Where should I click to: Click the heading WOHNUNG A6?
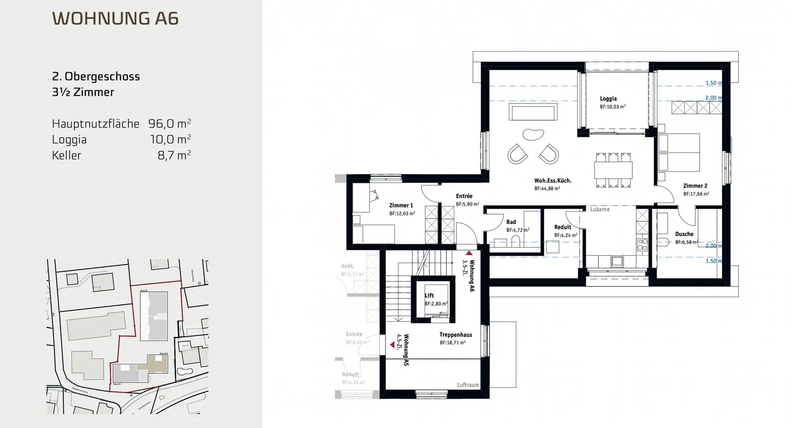click(x=115, y=19)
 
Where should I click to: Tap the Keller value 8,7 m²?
click(x=174, y=155)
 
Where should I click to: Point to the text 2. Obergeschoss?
click(x=96, y=76)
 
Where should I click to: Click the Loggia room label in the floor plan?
click(x=608, y=99)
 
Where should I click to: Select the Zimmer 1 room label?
click(x=401, y=205)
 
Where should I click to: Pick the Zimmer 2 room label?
click(x=695, y=186)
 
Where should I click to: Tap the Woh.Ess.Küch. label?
click(x=552, y=180)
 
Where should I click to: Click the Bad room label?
click(x=511, y=222)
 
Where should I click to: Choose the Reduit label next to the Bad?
click(x=563, y=227)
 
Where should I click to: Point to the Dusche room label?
click(x=684, y=234)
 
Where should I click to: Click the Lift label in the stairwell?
click(x=430, y=295)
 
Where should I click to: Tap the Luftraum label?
click(x=469, y=385)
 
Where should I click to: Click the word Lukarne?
click(x=601, y=210)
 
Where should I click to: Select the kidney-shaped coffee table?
click(x=532, y=135)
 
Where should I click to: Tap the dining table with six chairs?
click(x=613, y=168)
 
